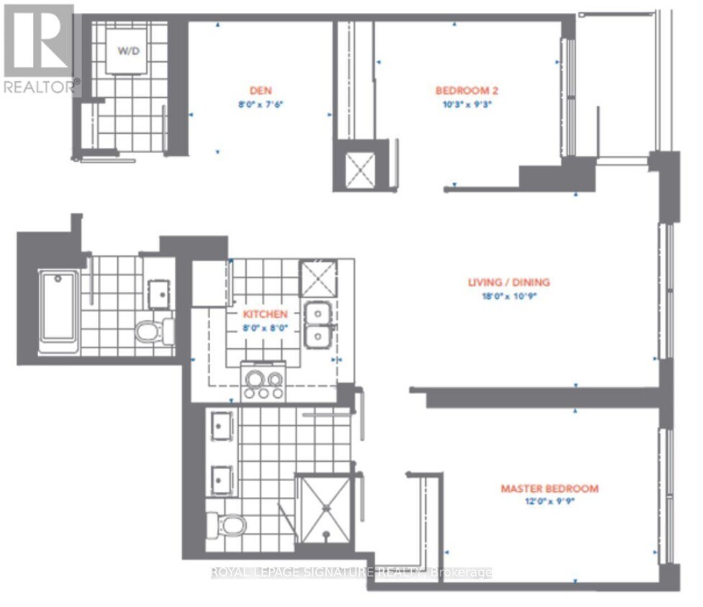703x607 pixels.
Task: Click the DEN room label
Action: (259, 91)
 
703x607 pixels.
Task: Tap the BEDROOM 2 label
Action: (467, 91)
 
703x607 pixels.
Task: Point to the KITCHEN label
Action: (265, 314)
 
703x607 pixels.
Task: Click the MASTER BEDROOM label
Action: (549, 489)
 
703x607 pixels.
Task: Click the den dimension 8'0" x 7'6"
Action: (259, 104)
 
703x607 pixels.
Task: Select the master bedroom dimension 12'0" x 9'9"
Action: (549, 502)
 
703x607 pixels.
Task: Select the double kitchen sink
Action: (317, 325)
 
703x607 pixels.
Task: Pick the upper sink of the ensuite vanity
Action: (219, 426)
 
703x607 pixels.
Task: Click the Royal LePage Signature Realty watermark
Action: (351, 573)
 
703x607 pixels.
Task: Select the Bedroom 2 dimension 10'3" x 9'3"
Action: (467, 104)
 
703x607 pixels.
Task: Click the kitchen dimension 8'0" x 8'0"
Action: (265, 327)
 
